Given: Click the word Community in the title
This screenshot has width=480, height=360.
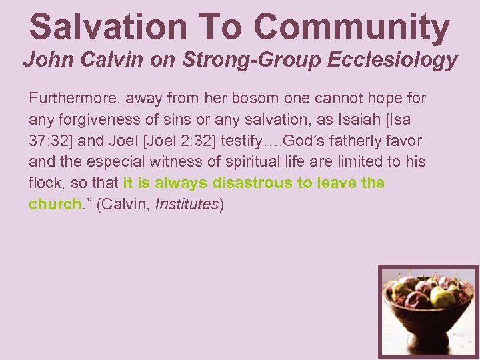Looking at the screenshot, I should pyautogui.click(x=351, y=27).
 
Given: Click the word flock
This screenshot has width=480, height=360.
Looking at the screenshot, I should pyautogui.click(x=45, y=183).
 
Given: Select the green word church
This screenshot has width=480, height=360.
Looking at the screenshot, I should pyautogui.click(x=55, y=204).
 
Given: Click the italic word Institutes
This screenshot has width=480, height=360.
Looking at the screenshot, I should pyautogui.click(x=186, y=204).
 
